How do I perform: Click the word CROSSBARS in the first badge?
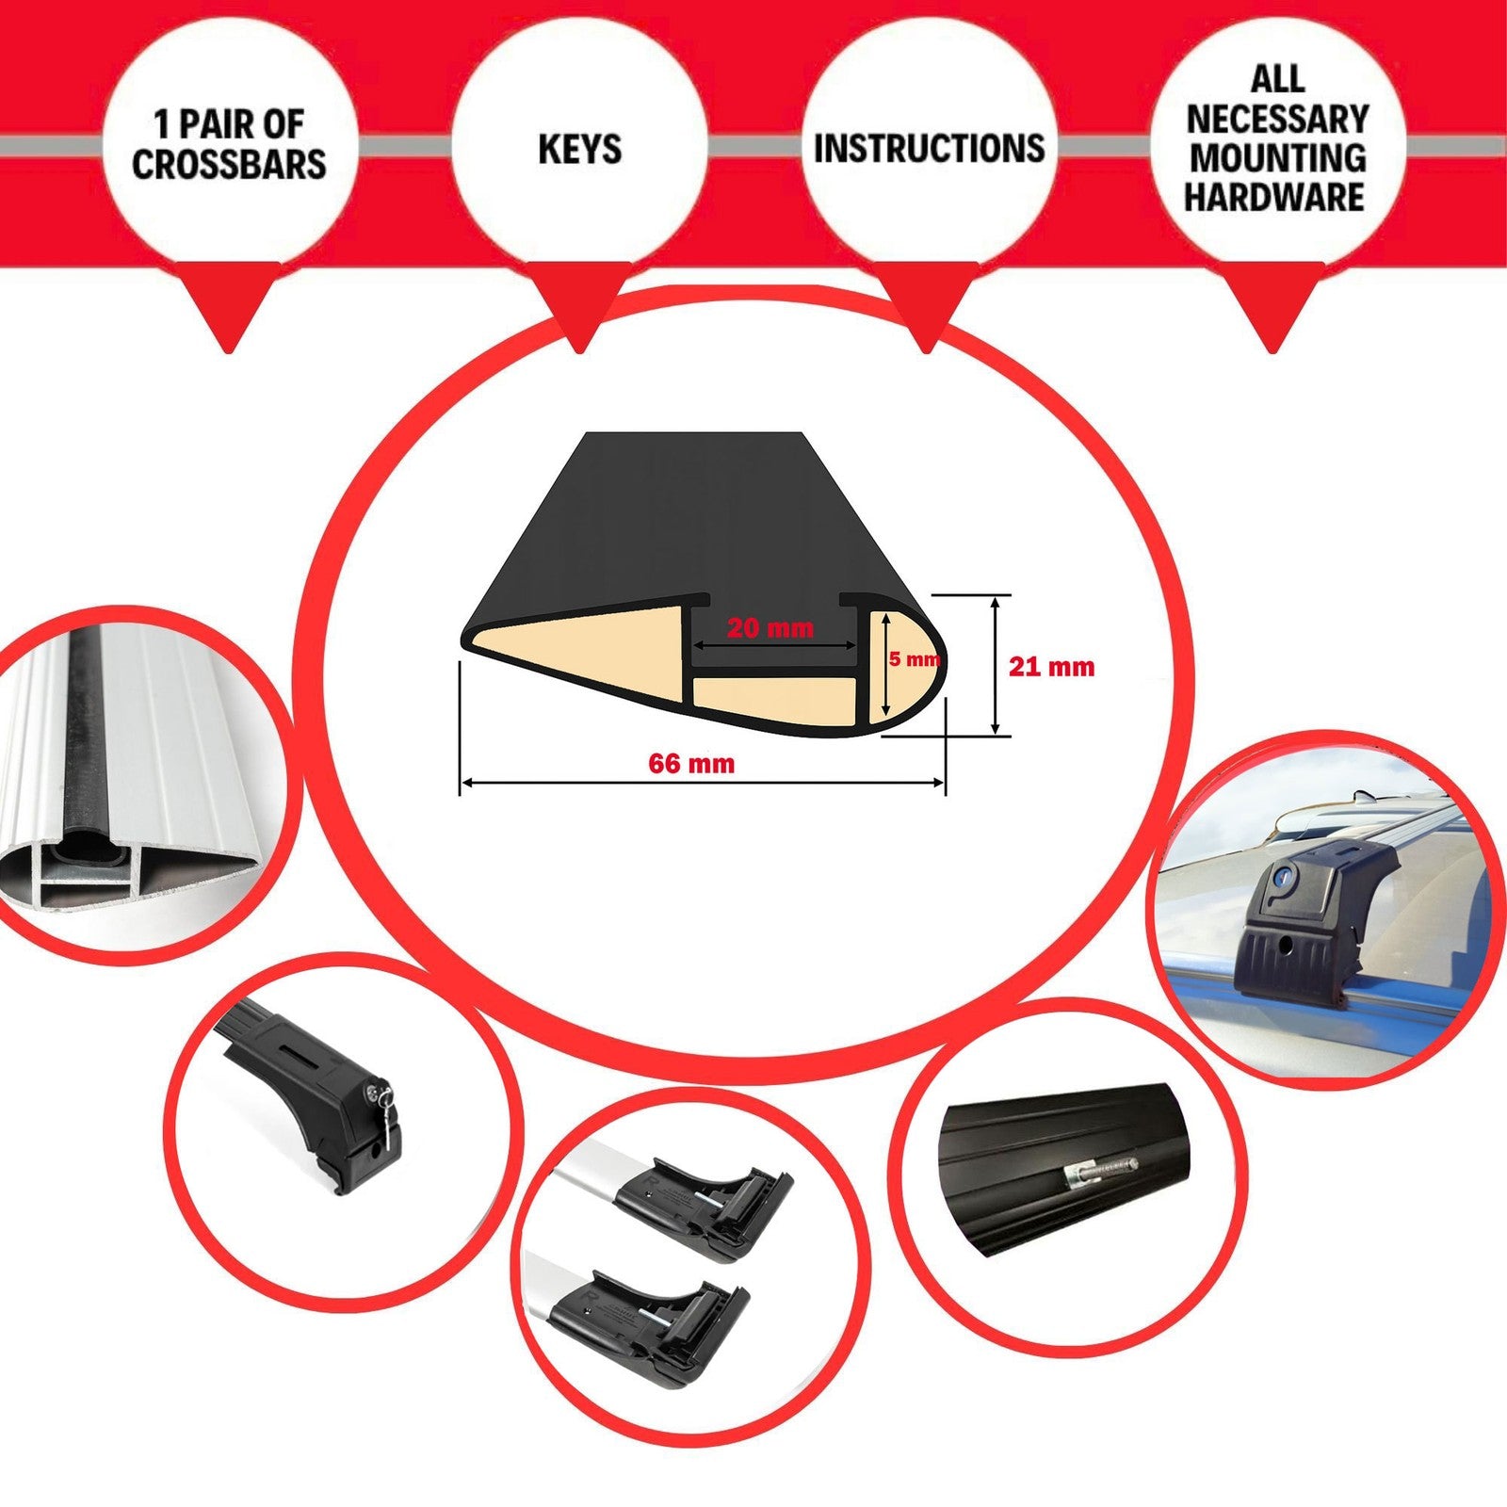(x=229, y=163)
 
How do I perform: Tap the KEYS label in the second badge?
(x=579, y=149)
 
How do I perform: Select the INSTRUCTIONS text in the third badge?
(x=929, y=148)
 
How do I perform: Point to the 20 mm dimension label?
(x=770, y=627)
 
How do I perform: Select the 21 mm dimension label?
(x=1051, y=667)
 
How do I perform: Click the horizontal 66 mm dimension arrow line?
(x=702, y=782)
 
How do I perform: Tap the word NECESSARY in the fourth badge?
(x=1277, y=119)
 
